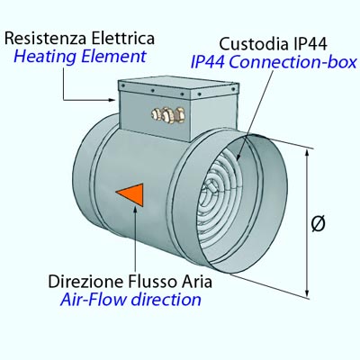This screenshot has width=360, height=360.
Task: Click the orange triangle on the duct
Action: (132, 194)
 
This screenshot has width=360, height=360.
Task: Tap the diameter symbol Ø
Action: (318, 223)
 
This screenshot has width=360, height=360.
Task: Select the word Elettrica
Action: (123, 39)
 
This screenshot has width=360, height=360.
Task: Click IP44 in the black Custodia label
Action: (309, 44)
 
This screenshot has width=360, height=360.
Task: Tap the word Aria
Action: (196, 282)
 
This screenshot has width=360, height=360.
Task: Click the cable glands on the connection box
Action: (168, 115)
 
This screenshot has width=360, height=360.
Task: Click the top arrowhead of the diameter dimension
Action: (307, 153)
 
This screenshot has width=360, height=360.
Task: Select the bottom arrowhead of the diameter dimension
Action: (307, 293)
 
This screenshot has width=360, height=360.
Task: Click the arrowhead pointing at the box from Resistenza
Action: (112, 100)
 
